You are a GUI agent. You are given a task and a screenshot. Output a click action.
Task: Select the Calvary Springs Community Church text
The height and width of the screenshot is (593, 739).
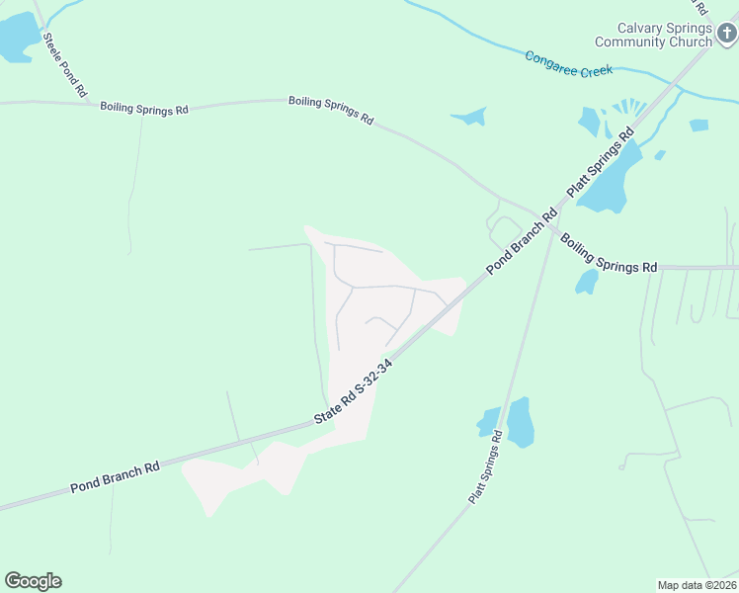click(x=664, y=35)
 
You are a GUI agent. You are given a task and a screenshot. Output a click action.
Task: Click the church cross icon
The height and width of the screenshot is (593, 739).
click(x=727, y=36)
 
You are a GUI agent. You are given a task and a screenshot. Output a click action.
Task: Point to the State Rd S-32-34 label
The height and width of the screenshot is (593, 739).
click(x=355, y=391)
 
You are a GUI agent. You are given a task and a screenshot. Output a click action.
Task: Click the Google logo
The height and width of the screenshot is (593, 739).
click(x=33, y=581)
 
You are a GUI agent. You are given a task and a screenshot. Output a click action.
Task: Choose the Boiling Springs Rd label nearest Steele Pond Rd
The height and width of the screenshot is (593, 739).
click(x=143, y=109)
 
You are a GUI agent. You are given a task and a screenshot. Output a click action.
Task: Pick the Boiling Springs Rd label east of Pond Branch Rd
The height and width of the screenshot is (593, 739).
click(x=608, y=254)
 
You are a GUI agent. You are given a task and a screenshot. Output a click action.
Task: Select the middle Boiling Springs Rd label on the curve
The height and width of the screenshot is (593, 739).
click(x=331, y=109)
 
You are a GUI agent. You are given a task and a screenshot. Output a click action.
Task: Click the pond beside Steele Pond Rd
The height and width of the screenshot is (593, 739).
click(x=17, y=40)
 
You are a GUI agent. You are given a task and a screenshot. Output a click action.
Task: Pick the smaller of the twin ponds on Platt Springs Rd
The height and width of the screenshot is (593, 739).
click(x=488, y=422)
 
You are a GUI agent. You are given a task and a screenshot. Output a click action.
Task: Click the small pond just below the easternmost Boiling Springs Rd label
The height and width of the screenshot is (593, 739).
click(x=587, y=282)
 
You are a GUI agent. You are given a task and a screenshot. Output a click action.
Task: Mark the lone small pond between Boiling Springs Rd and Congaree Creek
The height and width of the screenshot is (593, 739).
click(x=470, y=117)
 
